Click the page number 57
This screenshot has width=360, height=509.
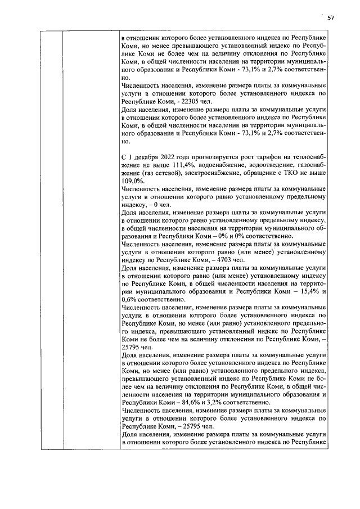tap(331, 17)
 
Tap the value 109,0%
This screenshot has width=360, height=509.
tap(131, 181)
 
